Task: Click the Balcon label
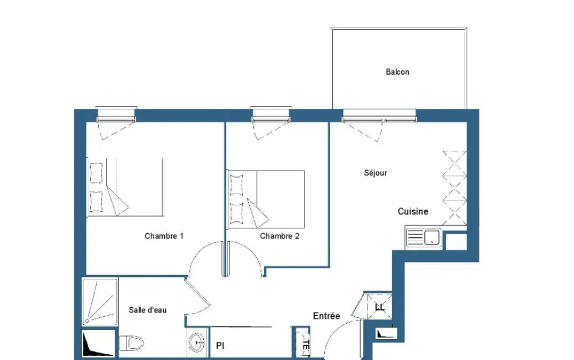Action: point(397,71)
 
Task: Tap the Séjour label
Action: point(375,173)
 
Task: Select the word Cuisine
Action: point(413,211)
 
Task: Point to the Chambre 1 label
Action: point(164,236)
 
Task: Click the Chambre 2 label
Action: point(280,236)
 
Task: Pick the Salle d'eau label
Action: point(148,310)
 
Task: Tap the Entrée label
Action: point(326,316)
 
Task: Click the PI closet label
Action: point(220,346)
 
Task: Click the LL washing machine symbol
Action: point(380,307)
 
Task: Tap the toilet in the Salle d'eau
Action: point(131,343)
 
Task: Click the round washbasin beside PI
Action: point(197,342)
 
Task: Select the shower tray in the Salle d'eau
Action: point(100,302)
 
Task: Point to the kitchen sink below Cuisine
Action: point(424,237)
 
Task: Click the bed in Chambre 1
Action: point(125,187)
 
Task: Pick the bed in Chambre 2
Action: point(266,199)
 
